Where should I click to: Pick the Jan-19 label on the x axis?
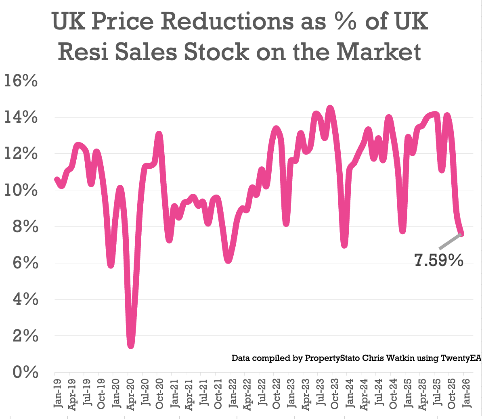pyautogui.click(x=58, y=394)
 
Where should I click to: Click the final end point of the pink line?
pyautogui.click(x=461, y=234)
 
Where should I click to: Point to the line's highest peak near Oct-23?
pyautogui.click(x=330, y=109)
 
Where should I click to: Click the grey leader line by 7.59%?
pyautogui.click(x=449, y=241)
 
